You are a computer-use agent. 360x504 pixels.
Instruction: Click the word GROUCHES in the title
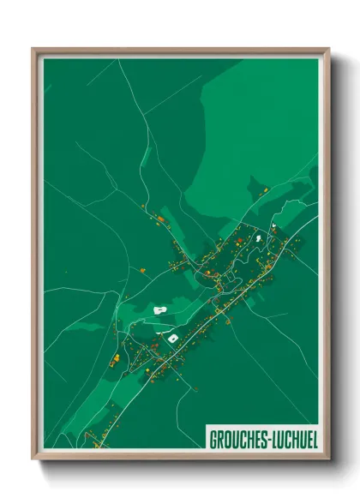(x=237, y=439)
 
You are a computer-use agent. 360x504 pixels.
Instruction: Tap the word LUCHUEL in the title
(x=292, y=439)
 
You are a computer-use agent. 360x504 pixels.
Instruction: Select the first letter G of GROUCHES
(x=213, y=439)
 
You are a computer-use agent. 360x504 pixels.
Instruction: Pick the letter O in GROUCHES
(x=227, y=439)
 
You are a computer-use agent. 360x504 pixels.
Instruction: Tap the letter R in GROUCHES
(x=219, y=439)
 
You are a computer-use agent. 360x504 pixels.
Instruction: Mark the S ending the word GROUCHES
(x=261, y=439)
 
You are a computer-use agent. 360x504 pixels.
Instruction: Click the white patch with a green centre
(x=172, y=339)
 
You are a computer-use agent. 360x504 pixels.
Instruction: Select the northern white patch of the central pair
(x=159, y=309)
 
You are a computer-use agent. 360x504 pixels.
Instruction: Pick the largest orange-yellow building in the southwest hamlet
(x=115, y=351)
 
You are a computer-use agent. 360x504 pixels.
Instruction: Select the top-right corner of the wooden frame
(x=328, y=49)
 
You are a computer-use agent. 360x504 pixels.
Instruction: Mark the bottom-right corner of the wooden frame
(x=328, y=459)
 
